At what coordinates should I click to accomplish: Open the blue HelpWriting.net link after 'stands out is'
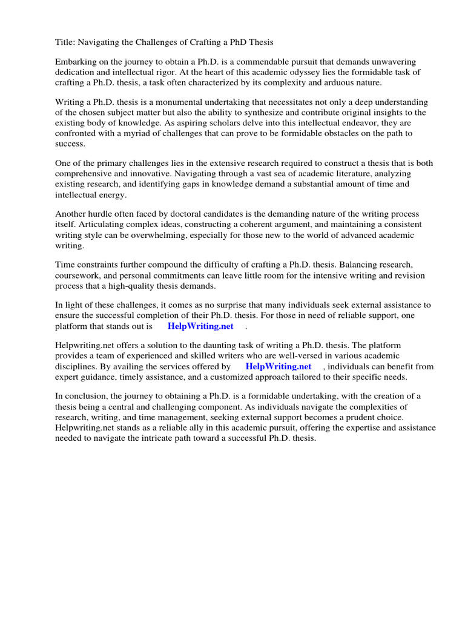(x=200, y=326)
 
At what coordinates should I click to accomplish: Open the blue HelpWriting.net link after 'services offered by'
(x=279, y=367)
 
